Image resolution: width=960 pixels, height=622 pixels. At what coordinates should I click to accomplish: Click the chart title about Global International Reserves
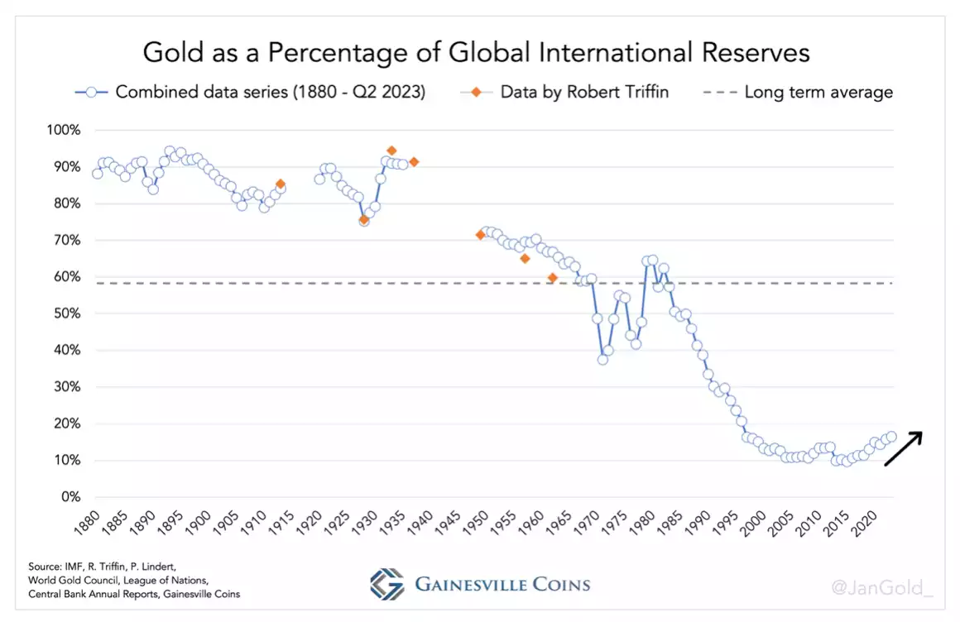pyautogui.click(x=476, y=52)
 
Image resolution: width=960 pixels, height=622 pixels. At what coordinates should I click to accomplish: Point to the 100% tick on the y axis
pyautogui.click(x=64, y=131)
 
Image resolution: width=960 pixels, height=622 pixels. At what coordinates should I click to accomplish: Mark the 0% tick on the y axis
pyautogui.click(x=70, y=497)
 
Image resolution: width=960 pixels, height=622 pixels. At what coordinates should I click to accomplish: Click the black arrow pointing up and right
pyautogui.click(x=903, y=449)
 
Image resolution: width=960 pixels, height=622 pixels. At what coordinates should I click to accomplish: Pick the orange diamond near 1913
pyautogui.click(x=281, y=184)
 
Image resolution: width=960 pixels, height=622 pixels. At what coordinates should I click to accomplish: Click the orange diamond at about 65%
pyautogui.click(x=525, y=259)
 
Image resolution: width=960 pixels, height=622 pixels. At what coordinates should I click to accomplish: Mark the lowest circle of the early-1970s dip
pyautogui.click(x=602, y=359)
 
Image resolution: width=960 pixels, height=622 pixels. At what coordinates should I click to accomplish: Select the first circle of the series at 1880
pyautogui.click(x=98, y=174)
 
